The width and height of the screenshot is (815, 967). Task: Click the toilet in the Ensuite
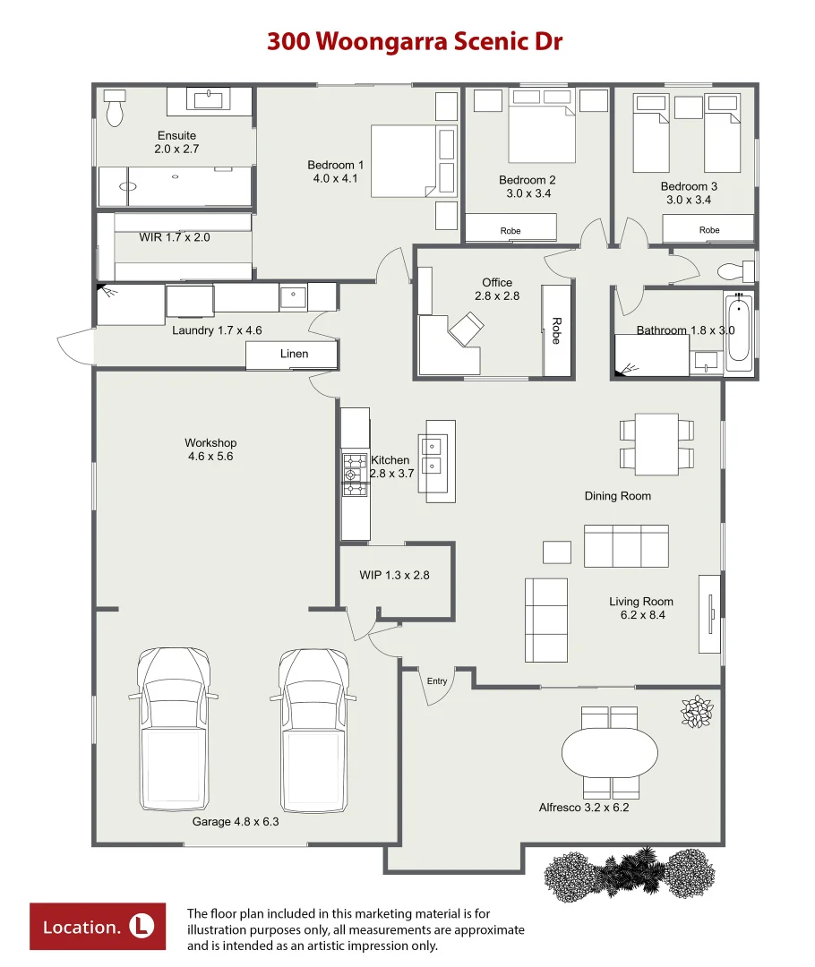(115, 108)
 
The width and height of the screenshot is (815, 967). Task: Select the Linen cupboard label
(294, 354)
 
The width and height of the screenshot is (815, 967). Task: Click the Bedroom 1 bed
(404, 161)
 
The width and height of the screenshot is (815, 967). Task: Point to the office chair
(466, 329)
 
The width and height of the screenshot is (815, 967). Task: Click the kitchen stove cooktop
(355, 475)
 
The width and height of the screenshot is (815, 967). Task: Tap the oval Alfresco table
(610, 753)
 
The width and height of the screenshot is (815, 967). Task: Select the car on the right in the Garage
(313, 731)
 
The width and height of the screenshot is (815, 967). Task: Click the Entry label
(437, 680)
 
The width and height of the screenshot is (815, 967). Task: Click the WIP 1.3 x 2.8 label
(394, 576)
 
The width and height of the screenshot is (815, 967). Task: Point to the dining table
(656, 444)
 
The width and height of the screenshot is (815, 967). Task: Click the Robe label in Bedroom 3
(709, 230)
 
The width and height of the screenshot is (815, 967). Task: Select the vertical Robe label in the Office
(556, 330)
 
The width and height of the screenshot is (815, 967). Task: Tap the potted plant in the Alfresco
(697, 712)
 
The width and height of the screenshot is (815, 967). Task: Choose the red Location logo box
(98, 927)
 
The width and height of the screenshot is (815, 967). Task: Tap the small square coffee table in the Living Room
(556, 552)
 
